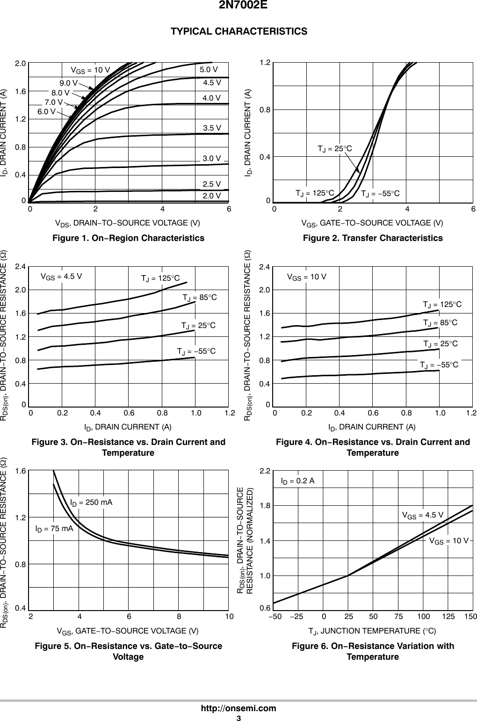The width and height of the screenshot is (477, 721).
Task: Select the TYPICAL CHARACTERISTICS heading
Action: click(x=239, y=31)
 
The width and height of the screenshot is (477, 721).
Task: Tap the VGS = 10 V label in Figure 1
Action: click(x=90, y=70)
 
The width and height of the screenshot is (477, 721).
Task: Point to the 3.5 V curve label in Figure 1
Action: click(x=212, y=127)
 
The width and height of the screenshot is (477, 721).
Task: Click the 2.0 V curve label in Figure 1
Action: click(x=212, y=196)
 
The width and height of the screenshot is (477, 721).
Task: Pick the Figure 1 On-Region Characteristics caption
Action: click(x=128, y=238)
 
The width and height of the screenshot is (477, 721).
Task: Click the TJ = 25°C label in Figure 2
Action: click(x=334, y=149)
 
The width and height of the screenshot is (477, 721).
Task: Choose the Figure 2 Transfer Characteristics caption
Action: click(x=373, y=238)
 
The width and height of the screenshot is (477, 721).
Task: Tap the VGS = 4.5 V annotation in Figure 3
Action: click(x=61, y=276)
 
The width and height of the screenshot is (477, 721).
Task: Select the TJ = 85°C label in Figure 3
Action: click(x=200, y=298)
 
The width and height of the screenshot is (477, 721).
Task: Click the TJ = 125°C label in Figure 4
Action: click(x=442, y=305)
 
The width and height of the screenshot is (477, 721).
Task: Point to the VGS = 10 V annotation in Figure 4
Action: click(x=306, y=277)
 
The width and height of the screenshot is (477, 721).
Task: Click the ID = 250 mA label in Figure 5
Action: click(x=91, y=503)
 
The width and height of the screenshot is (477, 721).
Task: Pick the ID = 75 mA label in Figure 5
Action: click(x=54, y=529)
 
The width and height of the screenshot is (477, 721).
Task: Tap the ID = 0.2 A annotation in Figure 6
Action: click(x=297, y=481)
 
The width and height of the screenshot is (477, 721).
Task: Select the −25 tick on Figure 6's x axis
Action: click(x=296, y=617)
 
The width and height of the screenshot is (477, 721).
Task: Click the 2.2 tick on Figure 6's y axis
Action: click(x=265, y=470)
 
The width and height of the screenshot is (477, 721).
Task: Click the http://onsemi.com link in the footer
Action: click(x=238, y=708)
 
